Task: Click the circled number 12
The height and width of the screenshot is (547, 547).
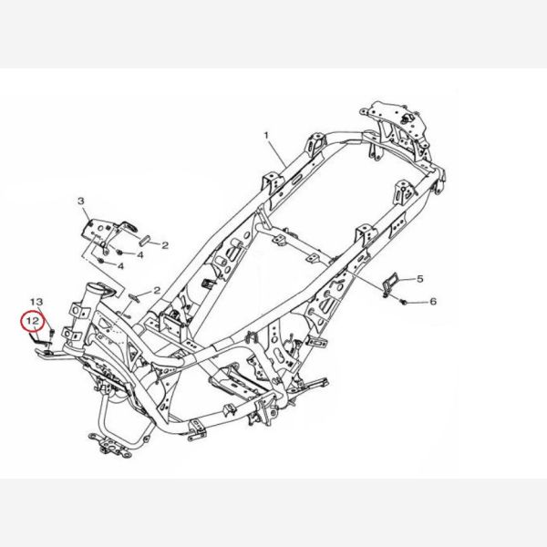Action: (x=31, y=321)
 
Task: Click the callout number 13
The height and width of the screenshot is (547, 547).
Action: (x=37, y=301)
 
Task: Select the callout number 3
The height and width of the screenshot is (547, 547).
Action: (x=80, y=200)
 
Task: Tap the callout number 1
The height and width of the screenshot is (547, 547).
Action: (x=267, y=135)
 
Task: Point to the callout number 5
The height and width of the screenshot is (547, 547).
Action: (x=420, y=278)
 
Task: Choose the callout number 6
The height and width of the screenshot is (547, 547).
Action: (x=433, y=301)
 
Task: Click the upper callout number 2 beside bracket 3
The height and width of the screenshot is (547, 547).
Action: (x=165, y=245)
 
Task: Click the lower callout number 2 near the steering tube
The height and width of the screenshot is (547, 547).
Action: (x=156, y=290)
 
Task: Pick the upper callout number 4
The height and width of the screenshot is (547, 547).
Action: (x=140, y=254)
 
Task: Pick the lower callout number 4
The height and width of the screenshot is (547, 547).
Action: (x=121, y=266)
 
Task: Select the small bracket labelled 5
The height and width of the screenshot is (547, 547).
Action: (x=389, y=284)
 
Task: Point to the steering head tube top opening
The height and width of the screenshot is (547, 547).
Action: (x=97, y=290)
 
